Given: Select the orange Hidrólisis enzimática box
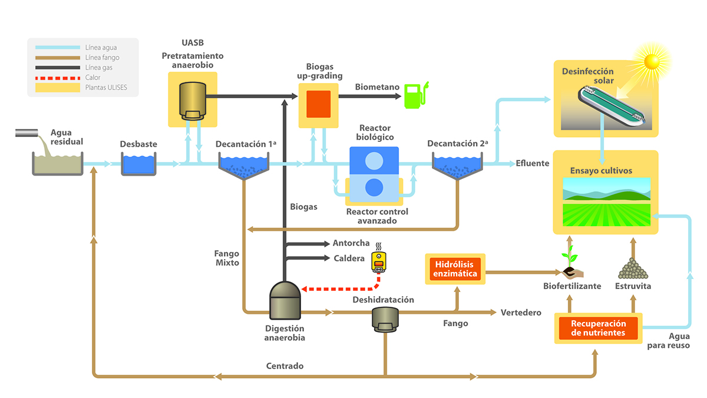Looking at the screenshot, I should point(455,269).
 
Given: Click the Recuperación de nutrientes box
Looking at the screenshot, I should point(597,329).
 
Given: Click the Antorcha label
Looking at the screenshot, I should point(351,243).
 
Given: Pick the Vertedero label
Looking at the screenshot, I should point(520,313).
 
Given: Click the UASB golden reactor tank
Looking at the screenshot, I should point(193,101).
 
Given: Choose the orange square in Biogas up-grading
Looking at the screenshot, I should point(319,104).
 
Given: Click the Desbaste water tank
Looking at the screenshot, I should point(138,164).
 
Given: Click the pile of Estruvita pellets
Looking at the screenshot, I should point(633,269).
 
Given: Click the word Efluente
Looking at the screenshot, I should point(533,164).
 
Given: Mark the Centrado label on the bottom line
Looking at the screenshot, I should point(285,366).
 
